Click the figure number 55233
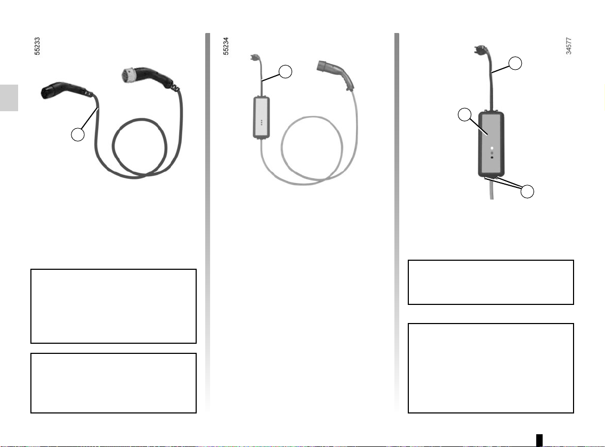point(37,46)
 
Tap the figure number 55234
point(225,46)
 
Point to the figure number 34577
point(568,46)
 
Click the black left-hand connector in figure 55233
point(63,90)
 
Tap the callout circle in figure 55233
point(78,135)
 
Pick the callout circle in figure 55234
point(285,71)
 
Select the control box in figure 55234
point(261,118)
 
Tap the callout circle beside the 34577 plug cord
point(515,63)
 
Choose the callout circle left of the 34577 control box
point(465,114)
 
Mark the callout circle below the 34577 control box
point(527,191)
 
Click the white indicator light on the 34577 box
point(491,148)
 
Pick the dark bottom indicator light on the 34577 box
point(491,157)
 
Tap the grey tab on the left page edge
point(9,98)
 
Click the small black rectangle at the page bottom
point(539,440)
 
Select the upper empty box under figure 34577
point(491,283)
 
